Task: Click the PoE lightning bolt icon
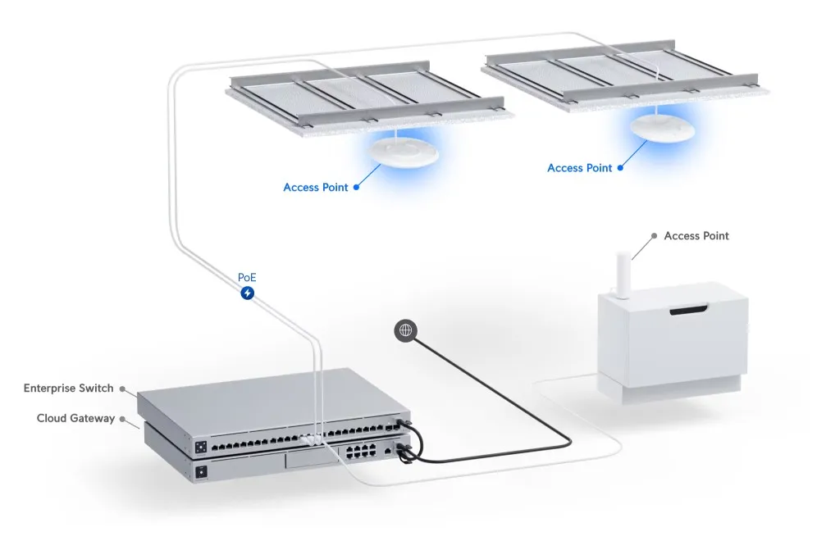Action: pos(247,293)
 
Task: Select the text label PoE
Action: pos(247,278)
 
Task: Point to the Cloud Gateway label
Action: pos(75,418)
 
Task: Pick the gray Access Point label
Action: pos(696,236)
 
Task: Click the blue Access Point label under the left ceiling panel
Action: pos(315,188)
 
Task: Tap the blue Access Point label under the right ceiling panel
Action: pos(579,168)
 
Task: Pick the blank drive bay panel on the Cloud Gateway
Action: pos(308,463)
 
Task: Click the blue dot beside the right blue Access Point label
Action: pos(621,168)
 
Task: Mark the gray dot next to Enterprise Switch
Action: pos(122,389)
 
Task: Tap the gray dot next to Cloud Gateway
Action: pos(122,419)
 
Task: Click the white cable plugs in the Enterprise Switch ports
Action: pos(313,439)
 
